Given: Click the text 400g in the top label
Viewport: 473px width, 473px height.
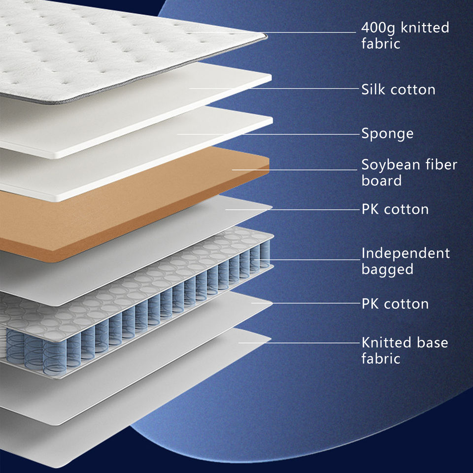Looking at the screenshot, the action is tap(379, 28).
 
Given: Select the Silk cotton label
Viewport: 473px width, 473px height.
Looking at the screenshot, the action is tap(398, 90).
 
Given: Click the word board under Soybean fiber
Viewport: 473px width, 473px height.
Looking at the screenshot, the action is tap(381, 181).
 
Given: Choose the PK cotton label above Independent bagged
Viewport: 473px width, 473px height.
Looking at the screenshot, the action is tap(395, 209).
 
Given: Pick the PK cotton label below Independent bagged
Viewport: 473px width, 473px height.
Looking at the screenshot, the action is tap(395, 304).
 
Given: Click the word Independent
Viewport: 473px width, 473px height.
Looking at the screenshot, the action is tap(405, 254).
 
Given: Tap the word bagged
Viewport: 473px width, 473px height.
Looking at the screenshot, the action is tap(387, 270).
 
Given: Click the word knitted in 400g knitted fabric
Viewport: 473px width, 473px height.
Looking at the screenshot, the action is tap(425, 28).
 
